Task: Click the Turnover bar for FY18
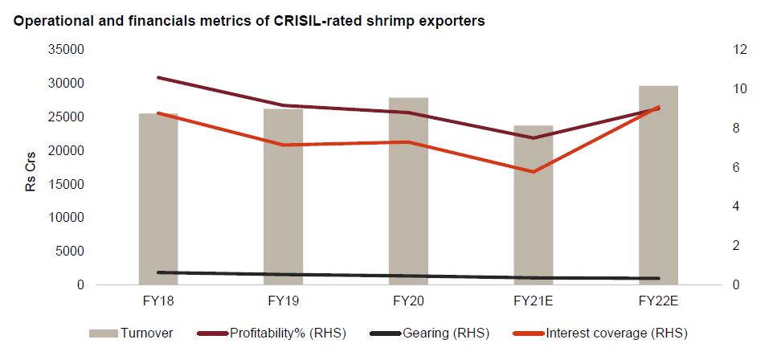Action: click(158, 201)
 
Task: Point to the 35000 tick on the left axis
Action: click(68, 50)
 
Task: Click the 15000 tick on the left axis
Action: click(68, 184)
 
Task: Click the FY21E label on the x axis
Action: click(534, 301)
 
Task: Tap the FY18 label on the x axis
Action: click(158, 301)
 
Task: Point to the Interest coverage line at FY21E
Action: click(534, 171)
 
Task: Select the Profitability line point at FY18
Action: click(158, 78)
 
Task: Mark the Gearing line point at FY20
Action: click(408, 276)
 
